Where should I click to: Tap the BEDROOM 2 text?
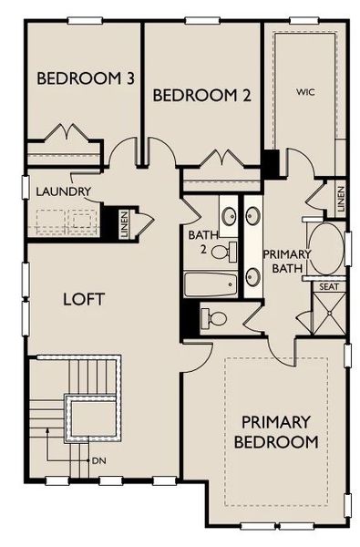click(x=202, y=95)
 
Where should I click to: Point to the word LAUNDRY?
click(x=63, y=191)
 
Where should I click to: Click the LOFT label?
click(x=85, y=298)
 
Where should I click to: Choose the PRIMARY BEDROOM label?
click(x=279, y=431)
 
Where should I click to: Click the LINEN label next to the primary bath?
click(x=340, y=201)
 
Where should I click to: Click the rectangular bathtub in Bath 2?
click(x=210, y=285)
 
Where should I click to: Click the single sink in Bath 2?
click(x=228, y=216)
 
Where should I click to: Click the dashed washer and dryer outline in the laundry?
click(x=65, y=220)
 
